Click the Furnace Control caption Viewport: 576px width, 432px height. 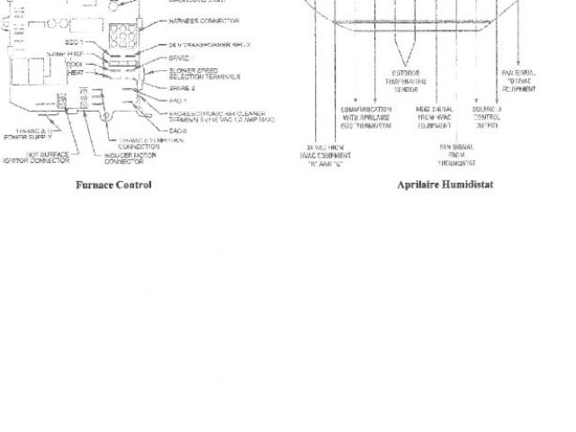[112, 185]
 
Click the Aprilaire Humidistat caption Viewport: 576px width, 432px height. [445, 185]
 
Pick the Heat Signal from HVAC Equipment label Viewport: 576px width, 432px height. [435, 118]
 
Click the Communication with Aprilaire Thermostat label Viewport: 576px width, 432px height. [367, 118]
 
